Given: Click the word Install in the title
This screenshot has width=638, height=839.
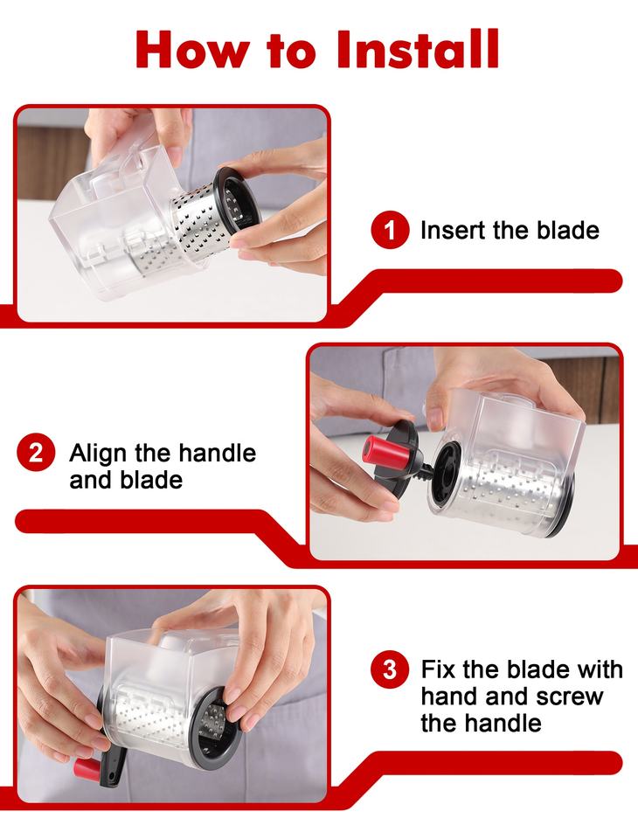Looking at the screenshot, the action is click(x=419, y=49).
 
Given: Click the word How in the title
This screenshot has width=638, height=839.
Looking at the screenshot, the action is click(x=192, y=49).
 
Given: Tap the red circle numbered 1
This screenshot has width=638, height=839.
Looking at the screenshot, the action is click(x=390, y=230).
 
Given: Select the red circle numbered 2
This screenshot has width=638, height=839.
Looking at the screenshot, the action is click(x=36, y=453).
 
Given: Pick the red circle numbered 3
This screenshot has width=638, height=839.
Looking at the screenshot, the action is click(x=390, y=669).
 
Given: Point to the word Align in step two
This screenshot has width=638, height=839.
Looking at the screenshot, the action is click(x=99, y=454).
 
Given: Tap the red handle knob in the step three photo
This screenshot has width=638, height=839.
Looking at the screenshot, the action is click(x=87, y=768).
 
